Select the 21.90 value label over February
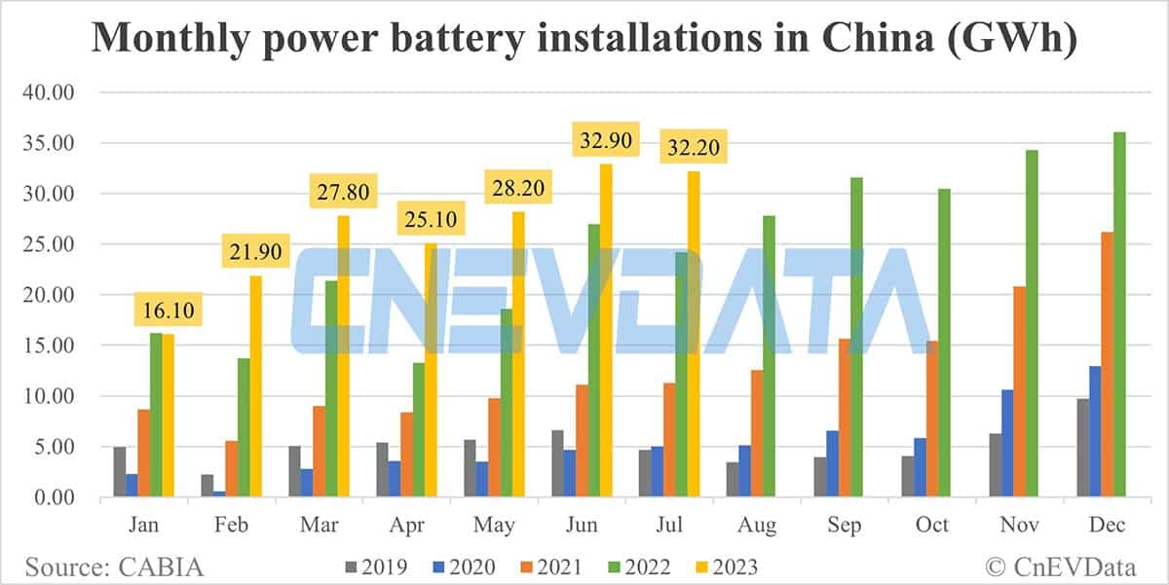[x=255, y=252]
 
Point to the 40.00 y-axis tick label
[x=50, y=92]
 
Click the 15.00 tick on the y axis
[x=50, y=346]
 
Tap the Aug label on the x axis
[x=757, y=526]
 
